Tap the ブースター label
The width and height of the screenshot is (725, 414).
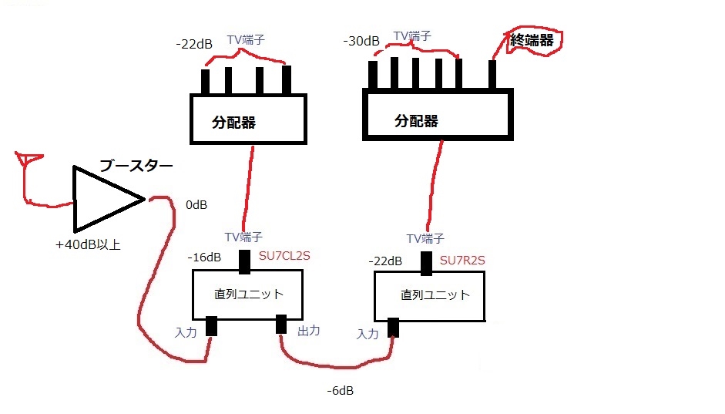click(136, 166)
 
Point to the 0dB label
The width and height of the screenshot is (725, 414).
click(196, 206)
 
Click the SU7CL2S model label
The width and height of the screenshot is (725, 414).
click(284, 256)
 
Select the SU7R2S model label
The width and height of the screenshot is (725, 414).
click(462, 261)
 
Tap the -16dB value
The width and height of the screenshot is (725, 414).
click(204, 257)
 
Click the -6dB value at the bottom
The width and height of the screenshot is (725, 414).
click(340, 391)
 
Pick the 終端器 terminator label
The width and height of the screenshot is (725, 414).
click(532, 40)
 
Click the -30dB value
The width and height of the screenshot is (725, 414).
click(361, 40)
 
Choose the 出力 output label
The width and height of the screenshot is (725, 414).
click(308, 330)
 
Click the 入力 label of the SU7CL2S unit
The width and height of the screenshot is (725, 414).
click(187, 332)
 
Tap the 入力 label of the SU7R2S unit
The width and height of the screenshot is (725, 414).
click(368, 334)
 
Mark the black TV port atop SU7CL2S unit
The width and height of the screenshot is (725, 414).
click(246, 262)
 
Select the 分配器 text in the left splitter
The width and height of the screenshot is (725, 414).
click(233, 122)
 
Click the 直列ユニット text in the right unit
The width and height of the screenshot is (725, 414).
click(435, 295)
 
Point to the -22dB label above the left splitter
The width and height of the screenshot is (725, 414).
click(194, 44)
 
